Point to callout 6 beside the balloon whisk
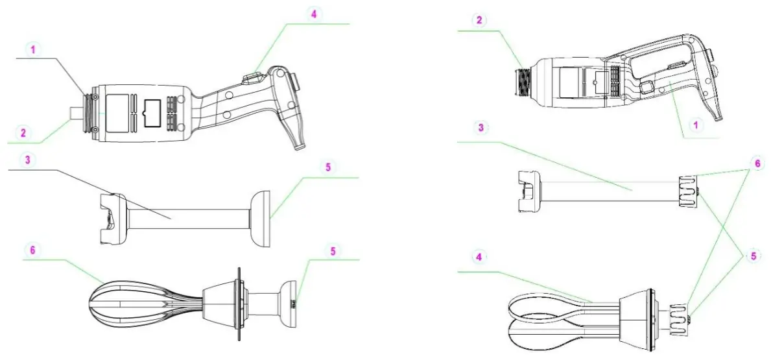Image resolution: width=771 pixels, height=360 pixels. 30,249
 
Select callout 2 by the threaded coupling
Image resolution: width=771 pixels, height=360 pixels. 479,20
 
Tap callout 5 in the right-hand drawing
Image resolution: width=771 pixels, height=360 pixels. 752,256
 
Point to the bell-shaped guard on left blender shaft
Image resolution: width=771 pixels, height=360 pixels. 261,219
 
